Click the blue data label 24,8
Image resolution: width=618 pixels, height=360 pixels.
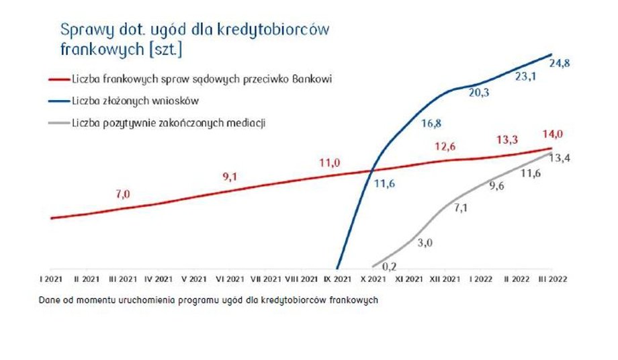560,63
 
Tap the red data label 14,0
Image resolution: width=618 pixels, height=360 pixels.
553,134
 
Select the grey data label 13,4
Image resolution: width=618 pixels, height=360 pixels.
560,159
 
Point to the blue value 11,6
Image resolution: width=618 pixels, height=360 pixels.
384,184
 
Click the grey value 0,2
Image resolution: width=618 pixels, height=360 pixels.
389,267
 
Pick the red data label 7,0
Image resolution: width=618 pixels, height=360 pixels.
122,194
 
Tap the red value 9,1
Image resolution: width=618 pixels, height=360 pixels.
230,177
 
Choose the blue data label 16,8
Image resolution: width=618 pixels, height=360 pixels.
431,124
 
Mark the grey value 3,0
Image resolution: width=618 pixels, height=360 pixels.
425,242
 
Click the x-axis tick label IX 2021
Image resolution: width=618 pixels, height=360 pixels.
337,279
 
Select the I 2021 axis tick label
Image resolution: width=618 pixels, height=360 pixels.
51,279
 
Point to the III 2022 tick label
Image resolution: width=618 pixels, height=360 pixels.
553,279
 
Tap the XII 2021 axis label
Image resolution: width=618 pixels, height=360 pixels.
445,279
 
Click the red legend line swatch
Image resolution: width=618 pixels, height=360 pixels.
59,79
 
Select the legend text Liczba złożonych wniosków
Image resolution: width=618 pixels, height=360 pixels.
135,101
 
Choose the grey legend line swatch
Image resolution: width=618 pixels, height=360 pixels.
59,124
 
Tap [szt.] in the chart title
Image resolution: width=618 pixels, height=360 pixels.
166,50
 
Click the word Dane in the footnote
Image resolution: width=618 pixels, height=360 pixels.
49,300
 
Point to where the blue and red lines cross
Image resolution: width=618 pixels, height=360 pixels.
372,171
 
